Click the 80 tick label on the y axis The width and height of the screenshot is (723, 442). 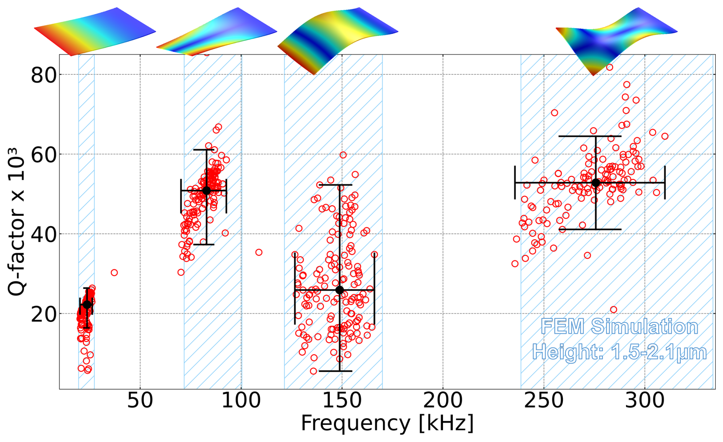click(x=44, y=75)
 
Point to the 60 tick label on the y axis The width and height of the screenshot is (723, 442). click(x=44, y=154)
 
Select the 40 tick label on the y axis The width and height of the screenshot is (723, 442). click(x=44, y=234)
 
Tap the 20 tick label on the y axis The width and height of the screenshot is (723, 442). click(x=44, y=314)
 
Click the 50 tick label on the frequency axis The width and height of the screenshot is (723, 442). click(x=140, y=401)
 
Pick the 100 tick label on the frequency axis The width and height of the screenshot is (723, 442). click(x=241, y=401)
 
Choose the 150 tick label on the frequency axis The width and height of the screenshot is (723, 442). click(x=342, y=401)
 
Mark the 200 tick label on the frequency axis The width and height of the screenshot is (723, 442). click(x=443, y=401)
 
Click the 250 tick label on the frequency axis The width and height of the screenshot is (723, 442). click(x=544, y=401)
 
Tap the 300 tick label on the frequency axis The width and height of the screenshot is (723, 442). click(x=645, y=401)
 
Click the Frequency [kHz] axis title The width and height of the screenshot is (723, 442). click(x=387, y=424)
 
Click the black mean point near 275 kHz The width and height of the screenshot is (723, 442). click(x=595, y=183)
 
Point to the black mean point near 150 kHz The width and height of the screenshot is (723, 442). click(x=340, y=290)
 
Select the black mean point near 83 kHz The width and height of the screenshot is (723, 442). click(x=207, y=190)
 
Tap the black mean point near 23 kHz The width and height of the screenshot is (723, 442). click(x=87, y=304)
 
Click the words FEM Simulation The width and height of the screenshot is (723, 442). click(x=619, y=327)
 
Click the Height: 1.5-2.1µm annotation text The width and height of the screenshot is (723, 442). click(x=619, y=351)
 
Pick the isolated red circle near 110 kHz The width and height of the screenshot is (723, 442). click(x=259, y=252)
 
